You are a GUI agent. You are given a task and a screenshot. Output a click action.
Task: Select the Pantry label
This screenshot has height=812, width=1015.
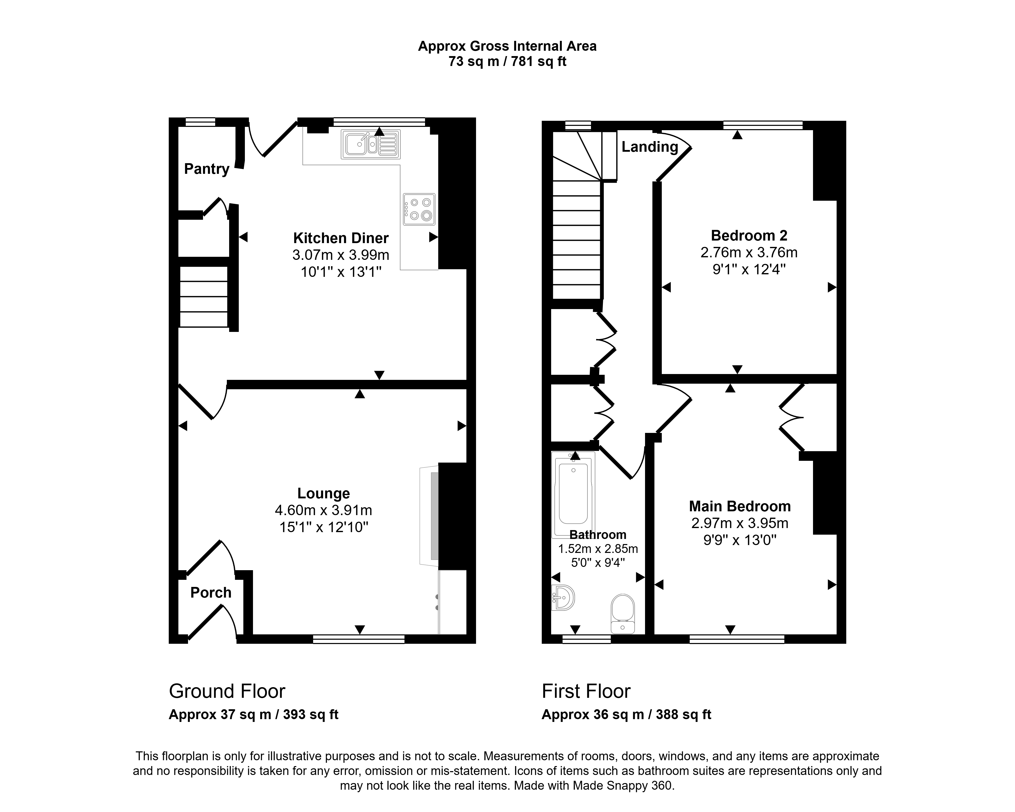click(x=207, y=169)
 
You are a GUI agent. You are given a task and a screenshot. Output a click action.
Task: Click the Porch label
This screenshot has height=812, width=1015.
click(x=211, y=593)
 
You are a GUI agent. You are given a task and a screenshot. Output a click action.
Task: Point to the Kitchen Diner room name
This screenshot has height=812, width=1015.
click(x=341, y=238)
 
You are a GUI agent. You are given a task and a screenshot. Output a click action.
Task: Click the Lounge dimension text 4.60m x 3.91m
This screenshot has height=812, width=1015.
click(x=324, y=510)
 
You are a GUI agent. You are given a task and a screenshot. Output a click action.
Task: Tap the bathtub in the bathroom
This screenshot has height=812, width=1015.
click(x=573, y=494)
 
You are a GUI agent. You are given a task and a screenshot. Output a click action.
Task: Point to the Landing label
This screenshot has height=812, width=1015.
click(x=650, y=147)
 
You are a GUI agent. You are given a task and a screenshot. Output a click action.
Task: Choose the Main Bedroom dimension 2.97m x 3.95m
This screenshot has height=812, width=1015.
click(x=740, y=523)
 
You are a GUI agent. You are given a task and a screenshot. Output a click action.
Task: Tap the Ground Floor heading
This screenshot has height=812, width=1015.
click(x=227, y=691)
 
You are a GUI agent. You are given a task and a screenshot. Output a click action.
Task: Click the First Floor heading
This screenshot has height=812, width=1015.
click(x=586, y=691)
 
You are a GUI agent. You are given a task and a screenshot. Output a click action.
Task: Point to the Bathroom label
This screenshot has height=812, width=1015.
click(x=598, y=535)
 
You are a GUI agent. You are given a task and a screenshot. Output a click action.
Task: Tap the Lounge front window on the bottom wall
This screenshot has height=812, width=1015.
click(x=359, y=639)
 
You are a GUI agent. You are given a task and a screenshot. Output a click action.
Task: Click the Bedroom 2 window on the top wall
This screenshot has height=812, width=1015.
click(x=763, y=125)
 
